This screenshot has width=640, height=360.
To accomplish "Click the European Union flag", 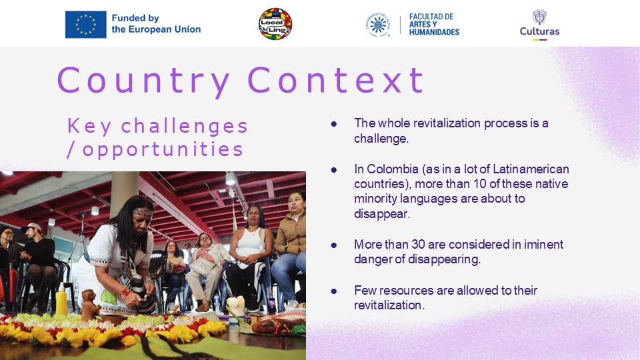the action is tap(86, 25).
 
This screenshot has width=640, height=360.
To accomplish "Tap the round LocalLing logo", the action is tap(275, 24).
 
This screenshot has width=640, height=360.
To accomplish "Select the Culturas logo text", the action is tap(539, 31).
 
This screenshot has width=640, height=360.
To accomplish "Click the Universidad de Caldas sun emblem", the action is tap(378, 25).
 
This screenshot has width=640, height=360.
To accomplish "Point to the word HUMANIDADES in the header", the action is tap(434, 32).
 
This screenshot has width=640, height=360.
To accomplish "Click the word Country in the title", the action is tap(143, 81).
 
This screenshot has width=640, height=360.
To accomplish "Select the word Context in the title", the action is tap(336, 80).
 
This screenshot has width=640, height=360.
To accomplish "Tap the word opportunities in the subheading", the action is tap(163, 150).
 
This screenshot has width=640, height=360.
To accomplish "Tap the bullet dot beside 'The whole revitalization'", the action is tap(334, 123).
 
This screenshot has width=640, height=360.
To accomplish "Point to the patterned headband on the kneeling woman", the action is tap(143, 212).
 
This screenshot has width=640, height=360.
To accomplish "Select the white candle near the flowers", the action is tap(235, 308).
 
